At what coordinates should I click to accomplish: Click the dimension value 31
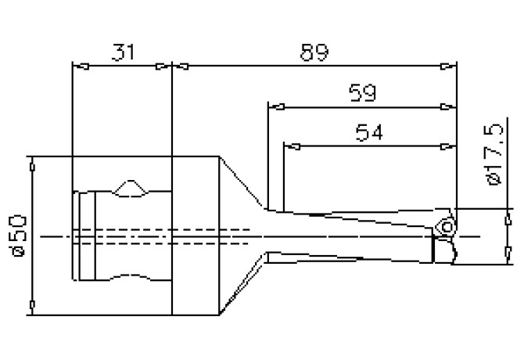[121, 52]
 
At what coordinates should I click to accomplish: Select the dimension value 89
[313, 52]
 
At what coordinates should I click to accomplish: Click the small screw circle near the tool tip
[447, 227]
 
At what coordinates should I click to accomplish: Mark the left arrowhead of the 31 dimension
[77, 66]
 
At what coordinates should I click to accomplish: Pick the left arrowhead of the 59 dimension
[273, 105]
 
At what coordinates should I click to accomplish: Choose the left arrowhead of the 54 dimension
[289, 145]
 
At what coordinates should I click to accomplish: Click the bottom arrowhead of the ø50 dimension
[31, 306]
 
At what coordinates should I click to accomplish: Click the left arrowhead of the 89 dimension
[178, 66]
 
